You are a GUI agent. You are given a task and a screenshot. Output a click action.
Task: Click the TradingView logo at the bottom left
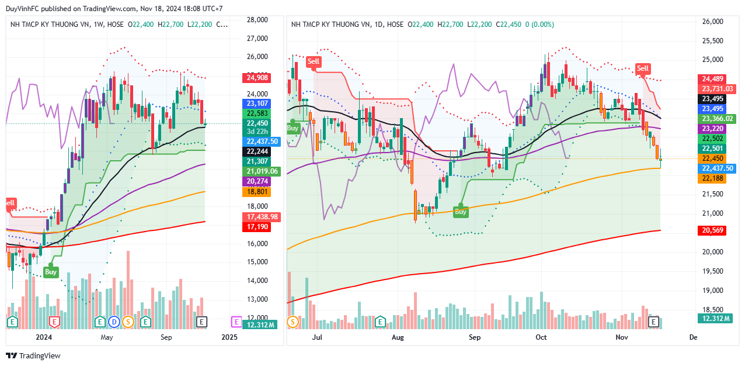click(33, 356)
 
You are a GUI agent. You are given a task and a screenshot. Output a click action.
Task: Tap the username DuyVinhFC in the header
click(24, 9)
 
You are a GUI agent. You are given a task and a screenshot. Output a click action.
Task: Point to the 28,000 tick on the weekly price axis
click(257, 20)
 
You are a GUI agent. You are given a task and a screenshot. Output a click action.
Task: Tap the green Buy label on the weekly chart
click(51, 272)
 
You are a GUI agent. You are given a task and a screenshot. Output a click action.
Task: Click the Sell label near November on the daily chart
click(643, 68)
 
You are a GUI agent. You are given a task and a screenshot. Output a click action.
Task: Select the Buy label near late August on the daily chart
click(461, 212)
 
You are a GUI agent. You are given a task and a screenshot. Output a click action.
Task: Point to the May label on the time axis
click(106, 337)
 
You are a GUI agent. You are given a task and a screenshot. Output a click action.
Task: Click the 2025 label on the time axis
click(229, 337)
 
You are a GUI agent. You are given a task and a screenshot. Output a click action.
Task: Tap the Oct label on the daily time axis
click(541, 337)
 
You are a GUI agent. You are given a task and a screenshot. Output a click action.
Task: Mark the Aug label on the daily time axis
click(398, 337)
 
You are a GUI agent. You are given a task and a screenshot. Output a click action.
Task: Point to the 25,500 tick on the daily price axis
click(712, 41)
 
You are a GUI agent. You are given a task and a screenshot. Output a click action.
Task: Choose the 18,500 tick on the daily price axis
click(712, 310)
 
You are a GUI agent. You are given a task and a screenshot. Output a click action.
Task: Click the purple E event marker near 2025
click(236, 322)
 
